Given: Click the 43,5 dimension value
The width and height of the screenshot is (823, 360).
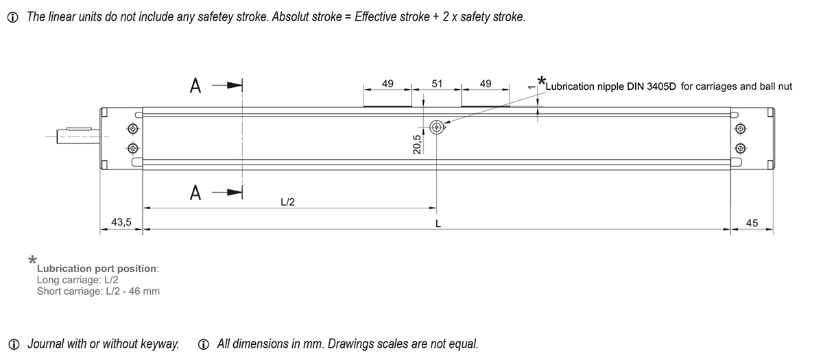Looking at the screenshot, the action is pyautogui.click(x=121, y=222).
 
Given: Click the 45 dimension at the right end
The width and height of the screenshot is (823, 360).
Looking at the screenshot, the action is pyautogui.click(x=752, y=223).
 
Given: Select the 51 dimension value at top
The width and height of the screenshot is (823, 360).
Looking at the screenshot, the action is pyautogui.click(x=437, y=84).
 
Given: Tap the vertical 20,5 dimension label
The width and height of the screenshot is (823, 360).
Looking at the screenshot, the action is pyautogui.click(x=417, y=144).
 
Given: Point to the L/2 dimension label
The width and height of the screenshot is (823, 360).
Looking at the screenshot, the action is pyautogui.click(x=287, y=202).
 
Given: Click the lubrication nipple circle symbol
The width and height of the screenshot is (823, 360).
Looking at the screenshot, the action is pyautogui.click(x=436, y=128).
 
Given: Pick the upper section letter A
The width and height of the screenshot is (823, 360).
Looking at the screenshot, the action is pyautogui.click(x=195, y=86).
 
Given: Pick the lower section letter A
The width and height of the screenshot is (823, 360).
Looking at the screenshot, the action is pyautogui.click(x=195, y=193).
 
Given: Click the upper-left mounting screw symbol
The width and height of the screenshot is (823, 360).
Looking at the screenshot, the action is pyautogui.click(x=132, y=129).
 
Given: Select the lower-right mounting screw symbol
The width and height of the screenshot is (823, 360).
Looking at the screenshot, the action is pyautogui.click(x=740, y=148).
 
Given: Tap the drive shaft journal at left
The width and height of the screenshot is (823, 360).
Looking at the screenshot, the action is pyautogui.click(x=79, y=136).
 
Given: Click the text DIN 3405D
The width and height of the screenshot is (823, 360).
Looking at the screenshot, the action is pyautogui.click(x=652, y=86).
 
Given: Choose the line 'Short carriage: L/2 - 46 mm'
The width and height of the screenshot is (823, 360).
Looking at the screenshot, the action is pyautogui.click(x=98, y=291).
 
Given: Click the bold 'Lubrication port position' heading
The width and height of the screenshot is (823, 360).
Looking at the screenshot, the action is pyautogui.click(x=97, y=269).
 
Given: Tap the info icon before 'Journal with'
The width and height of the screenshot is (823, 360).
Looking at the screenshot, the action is pyautogui.click(x=14, y=344).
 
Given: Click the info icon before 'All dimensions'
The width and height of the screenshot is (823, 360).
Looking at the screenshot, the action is pyautogui.click(x=203, y=344).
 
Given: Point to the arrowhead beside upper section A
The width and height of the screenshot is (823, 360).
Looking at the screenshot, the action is pyautogui.click(x=235, y=86).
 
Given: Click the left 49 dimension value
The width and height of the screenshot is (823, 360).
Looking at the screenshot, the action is pyautogui.click(x=387, y=84).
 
